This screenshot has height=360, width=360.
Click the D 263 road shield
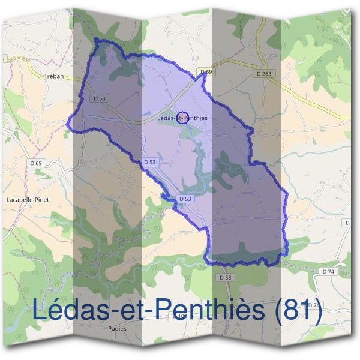tap(263, 74)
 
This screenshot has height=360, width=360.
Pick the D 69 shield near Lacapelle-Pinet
tap(37, 163)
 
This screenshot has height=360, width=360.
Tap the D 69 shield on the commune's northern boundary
tap(206, 72)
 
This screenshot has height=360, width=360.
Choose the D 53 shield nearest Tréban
tap(100, 98)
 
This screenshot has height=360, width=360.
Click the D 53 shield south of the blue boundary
tap(226, 278)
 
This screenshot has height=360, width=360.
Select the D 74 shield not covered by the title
tap(328, 272)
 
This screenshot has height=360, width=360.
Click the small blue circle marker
tap(183, 117)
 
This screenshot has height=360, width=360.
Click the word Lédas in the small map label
tap(164, 118)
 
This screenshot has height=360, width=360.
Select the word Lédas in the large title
tap(70, 310)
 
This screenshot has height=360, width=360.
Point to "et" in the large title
tap(135, 310)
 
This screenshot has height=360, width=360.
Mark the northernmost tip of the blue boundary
tap(96, 40)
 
